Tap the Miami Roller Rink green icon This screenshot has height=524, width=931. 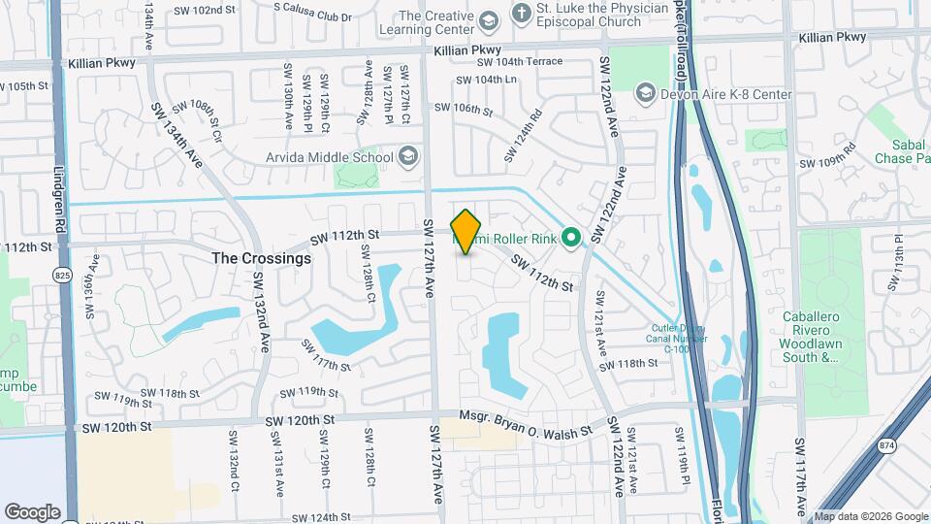coord(571,237)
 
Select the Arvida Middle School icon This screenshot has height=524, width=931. coord(408,157)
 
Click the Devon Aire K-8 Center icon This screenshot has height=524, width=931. coord(645,94)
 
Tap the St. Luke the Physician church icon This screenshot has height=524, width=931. coord(523,16)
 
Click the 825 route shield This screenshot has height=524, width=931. coord(61,276)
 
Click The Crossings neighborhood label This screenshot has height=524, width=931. coord(262,259)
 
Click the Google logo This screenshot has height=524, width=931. coord(32,511)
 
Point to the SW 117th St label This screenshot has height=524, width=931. coord(325,354)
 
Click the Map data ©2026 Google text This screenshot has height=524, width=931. coord(870,516)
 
